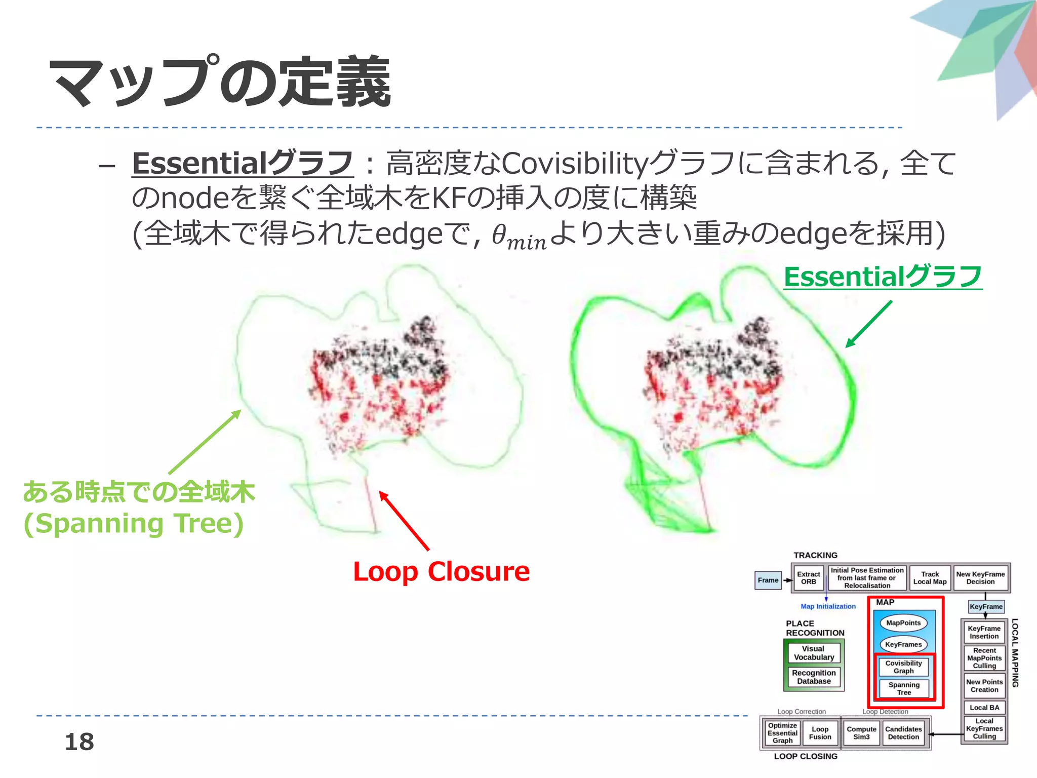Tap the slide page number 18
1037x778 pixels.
[79, 742]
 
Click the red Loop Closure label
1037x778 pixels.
[441, 572]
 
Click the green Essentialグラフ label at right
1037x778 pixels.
[883, 277]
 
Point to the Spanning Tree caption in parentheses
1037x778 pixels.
[134, 524]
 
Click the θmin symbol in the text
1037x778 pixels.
[519, 236]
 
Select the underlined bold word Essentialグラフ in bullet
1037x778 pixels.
[242, 163]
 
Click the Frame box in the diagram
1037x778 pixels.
[768, 580]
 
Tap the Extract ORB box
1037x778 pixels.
[808, 578]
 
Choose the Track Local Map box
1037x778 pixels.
[930, 578]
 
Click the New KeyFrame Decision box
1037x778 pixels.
[980, 578]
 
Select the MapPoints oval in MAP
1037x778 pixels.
[903, 623]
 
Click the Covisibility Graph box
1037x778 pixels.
[903, 667]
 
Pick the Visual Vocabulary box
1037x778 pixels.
[814, 653]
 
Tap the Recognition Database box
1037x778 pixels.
[814, 677]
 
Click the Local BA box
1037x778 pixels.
[984, 708]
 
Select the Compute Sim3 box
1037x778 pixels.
[861, 733]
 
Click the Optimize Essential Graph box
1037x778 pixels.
[782, 733]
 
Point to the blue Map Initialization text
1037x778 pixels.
[828, 606]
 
